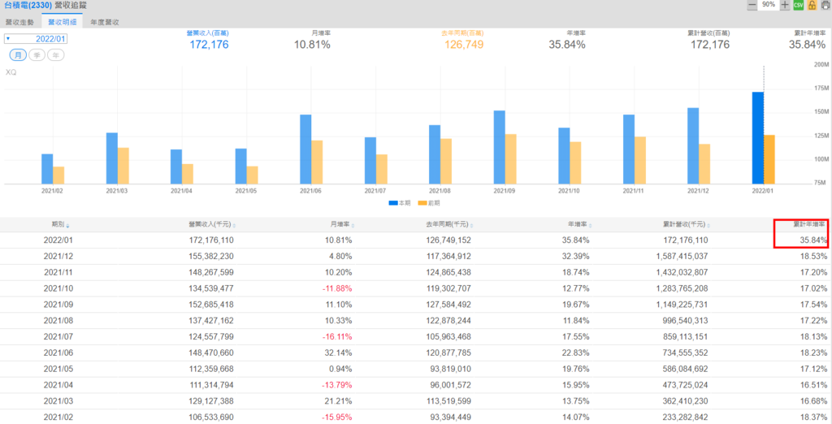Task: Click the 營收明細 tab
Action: (x=62, y=22)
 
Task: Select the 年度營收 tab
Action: (x=105, y=22)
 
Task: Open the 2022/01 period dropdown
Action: (x=37, y=38)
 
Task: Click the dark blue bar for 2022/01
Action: (x=757, y=137)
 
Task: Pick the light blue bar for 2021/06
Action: (x=305, y=149)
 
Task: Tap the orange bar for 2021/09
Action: (x=510, y=158)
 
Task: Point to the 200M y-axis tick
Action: (x=819, y=63)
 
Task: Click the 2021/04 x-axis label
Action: (x=182, y=191)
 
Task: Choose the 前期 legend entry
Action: (x=432, y=203)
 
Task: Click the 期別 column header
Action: (x=58, y=224)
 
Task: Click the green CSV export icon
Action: (x=798, y=6)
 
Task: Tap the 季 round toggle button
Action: (x=37, y=55)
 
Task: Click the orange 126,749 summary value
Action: (x=464, y=45)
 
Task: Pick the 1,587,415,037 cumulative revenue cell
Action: (x=674, y=256)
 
